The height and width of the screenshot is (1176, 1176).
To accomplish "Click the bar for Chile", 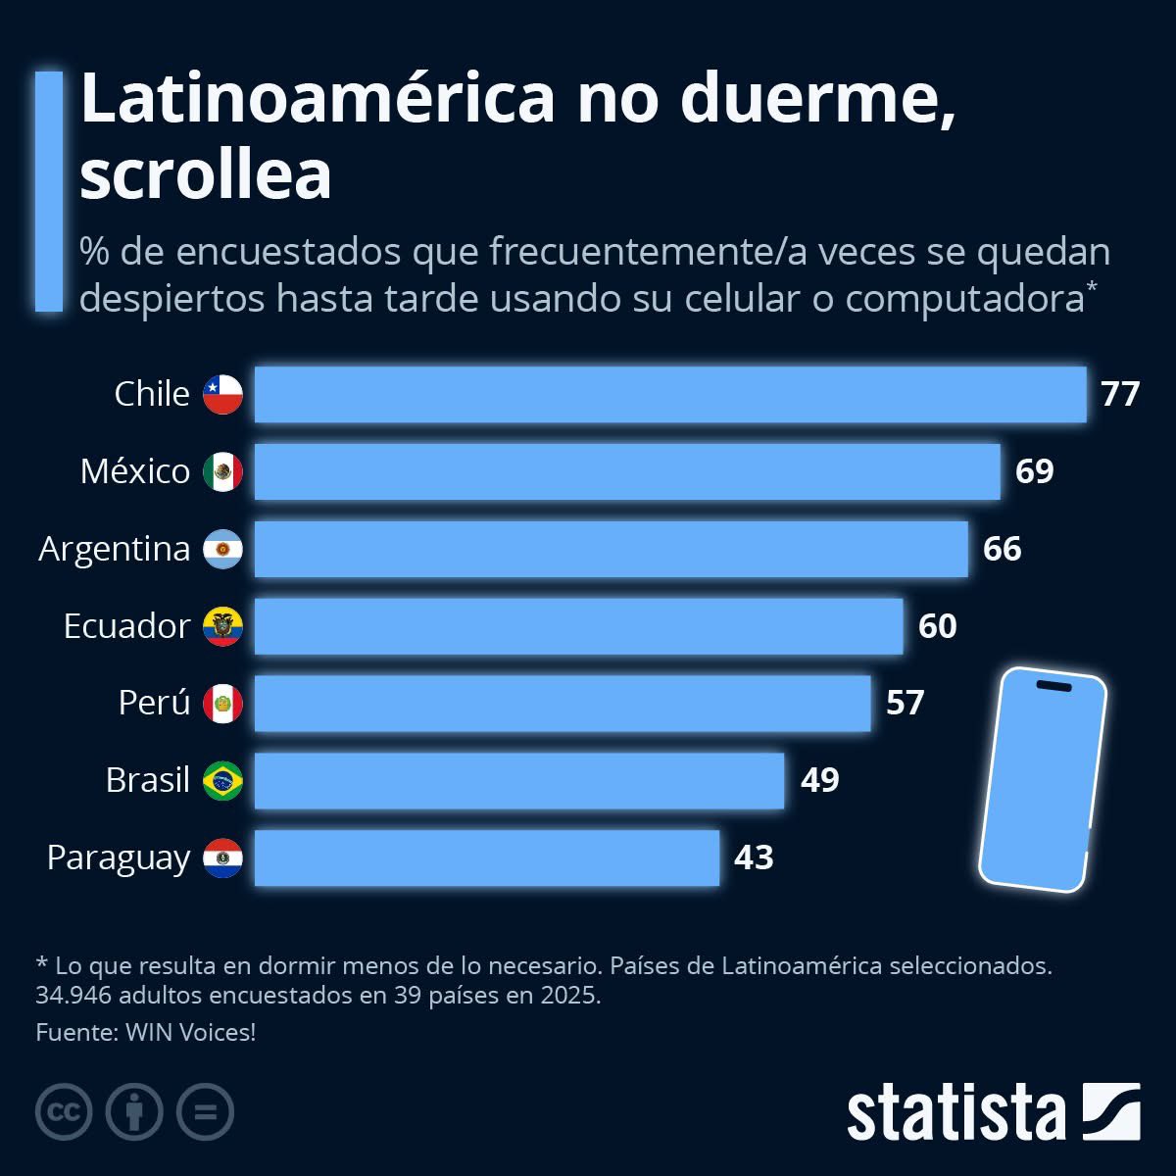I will [x=670, y=394].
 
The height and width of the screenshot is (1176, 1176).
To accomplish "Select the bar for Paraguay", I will [x=487, y=857].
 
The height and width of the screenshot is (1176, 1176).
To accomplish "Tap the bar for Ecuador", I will [x=578, y=626].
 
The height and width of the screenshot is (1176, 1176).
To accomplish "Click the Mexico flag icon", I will [x=222, y=471].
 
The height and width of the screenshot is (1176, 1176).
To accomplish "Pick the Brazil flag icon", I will [x=222, y=781].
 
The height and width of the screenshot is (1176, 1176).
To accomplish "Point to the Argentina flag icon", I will [x=222, y=549].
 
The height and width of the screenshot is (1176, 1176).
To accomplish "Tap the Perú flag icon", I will [x=222, y=704].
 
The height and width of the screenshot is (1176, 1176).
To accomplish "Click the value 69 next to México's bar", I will [x=1034, y=471].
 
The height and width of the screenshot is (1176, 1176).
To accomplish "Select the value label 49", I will [x=819, y=780].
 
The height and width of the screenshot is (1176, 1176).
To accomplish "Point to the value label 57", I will [x=905, y=703].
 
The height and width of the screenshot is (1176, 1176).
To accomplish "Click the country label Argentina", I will [x=115, y=549].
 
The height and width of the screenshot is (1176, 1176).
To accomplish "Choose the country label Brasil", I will [x=147, y=780].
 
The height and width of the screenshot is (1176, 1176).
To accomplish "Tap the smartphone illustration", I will [x=1042, y=780].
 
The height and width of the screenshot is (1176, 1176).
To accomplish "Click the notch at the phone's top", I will [x=1053, y=685].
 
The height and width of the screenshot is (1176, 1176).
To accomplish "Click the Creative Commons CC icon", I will [x=64, y=1112].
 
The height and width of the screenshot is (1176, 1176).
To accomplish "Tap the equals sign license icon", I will [x=205, y=1112].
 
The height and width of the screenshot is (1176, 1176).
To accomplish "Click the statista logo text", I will [x=955, y=1113].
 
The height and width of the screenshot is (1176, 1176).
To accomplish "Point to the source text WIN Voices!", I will [x=190, y=1032].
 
